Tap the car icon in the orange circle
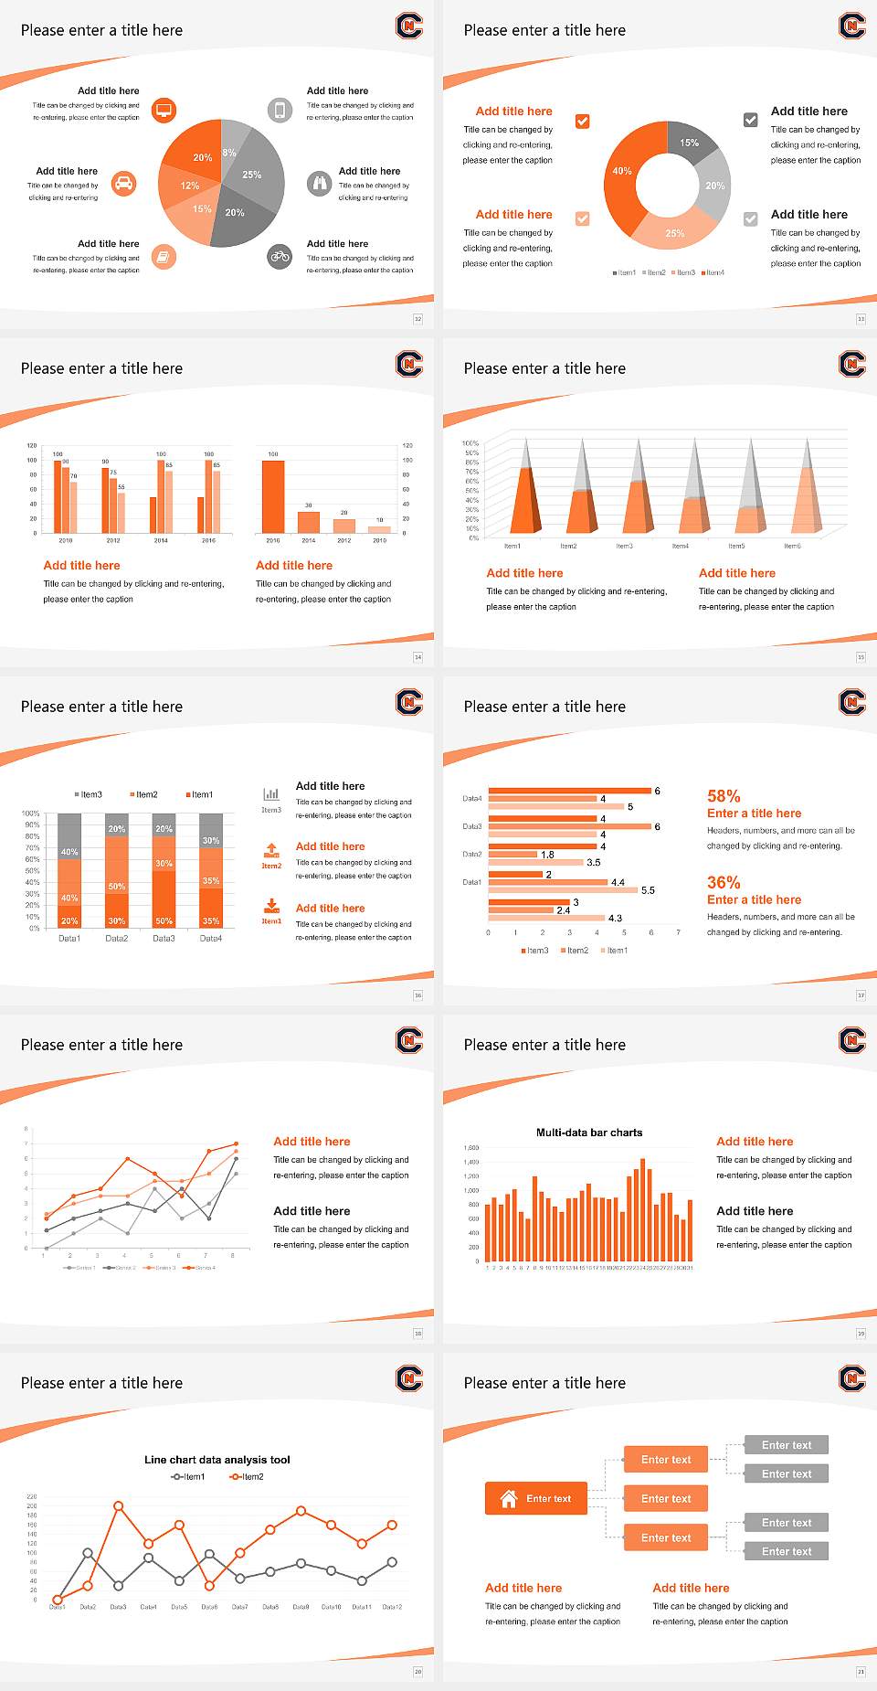[124, 184]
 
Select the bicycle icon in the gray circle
[280, 257]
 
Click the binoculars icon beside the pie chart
[319, 183]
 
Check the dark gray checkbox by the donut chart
[750, 120]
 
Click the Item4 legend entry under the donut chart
[713, 272]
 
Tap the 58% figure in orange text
[724, 796]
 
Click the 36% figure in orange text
[724, 882]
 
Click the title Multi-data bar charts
[589, 1133]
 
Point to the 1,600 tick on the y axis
[471, 1147]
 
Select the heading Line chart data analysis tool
[217, 1460]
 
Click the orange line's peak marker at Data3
[118, 1505]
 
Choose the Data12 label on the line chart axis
[392, 1606]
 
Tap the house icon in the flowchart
[509, 1498]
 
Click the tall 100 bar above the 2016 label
[272, 496]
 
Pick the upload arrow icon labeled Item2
[271, 850]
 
